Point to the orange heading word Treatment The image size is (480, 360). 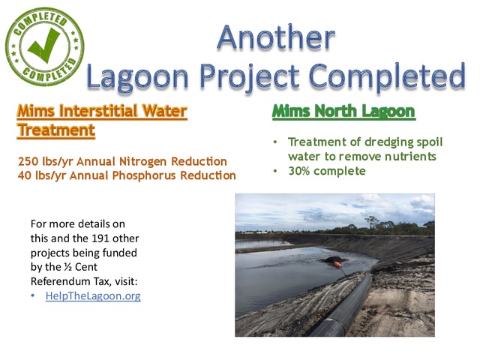(x=56, y=130)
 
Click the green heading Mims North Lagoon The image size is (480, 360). (x=343, y=112)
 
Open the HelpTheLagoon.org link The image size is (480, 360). (x=92, y=296)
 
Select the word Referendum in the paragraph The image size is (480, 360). (x=60, y=281)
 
